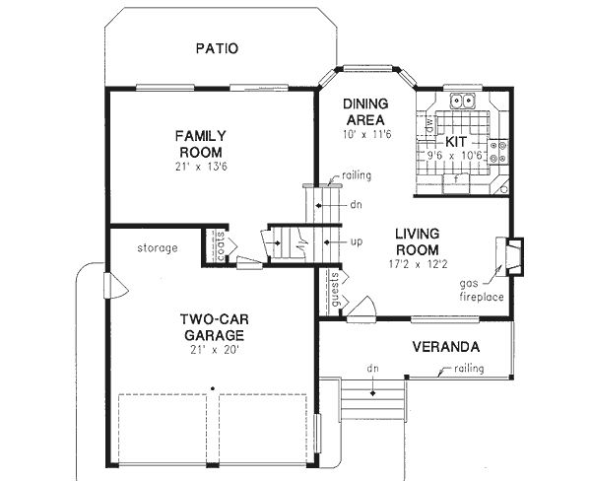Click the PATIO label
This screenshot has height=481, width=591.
tap(217, 47)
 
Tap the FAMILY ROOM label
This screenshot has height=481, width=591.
tap(201, 144)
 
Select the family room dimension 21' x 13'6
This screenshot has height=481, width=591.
tap(201, 168)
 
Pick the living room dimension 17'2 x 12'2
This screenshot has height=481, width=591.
tap(423, 265)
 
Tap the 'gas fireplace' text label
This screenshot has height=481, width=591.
tap(480, 290)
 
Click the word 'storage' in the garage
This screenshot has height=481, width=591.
tap(158, 247)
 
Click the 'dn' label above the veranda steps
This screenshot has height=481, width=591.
tap(373, 369)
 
